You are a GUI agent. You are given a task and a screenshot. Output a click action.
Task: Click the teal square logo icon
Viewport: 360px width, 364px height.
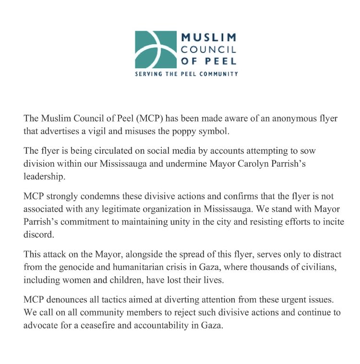tap(155, 50)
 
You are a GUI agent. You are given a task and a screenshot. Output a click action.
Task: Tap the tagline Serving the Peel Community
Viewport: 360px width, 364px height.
tap(186, 74)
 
